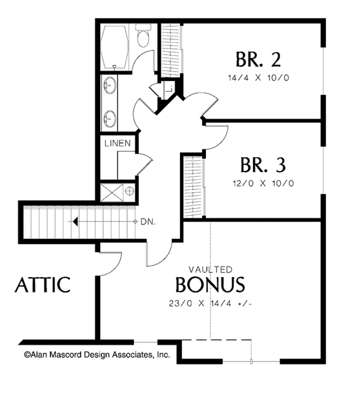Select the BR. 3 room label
(263, 164)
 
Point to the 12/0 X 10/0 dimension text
(263, 183)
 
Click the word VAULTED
(211, 269)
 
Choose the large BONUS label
(210, 284)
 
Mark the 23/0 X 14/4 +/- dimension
(211, 303)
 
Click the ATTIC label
(43, 284)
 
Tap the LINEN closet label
(117, 144)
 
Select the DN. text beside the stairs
(148, 221)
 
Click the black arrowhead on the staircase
(76, 221)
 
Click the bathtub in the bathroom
(113, 47)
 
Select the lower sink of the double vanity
(110, 118)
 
